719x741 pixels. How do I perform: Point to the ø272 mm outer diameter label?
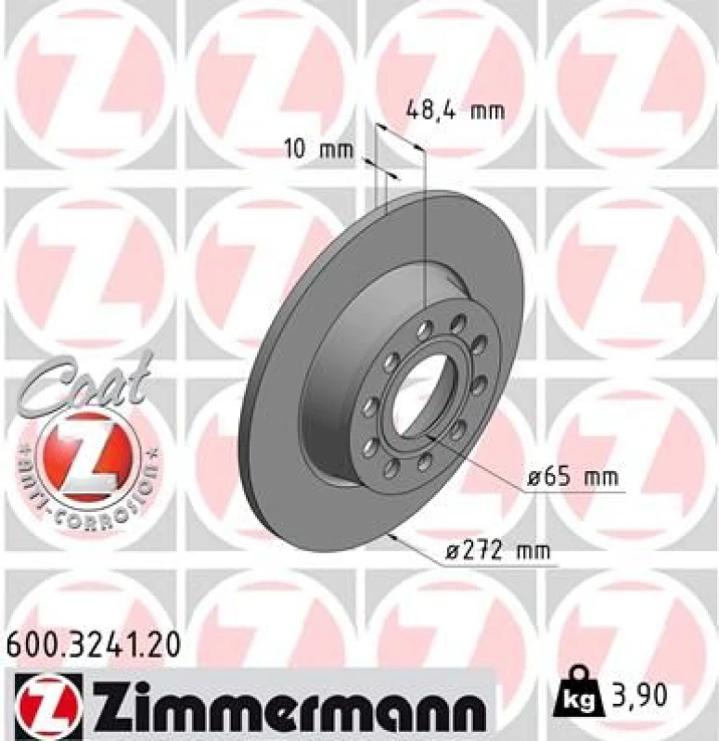click(x=493, y=551)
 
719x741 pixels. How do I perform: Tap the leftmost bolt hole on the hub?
click(x=370, y=405)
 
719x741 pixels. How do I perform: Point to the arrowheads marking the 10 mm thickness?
click(x=381, y=168)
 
